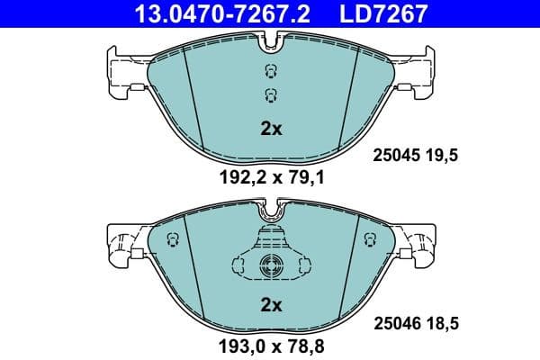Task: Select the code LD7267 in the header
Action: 382,13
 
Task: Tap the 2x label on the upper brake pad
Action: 271,129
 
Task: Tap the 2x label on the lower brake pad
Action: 271,305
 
